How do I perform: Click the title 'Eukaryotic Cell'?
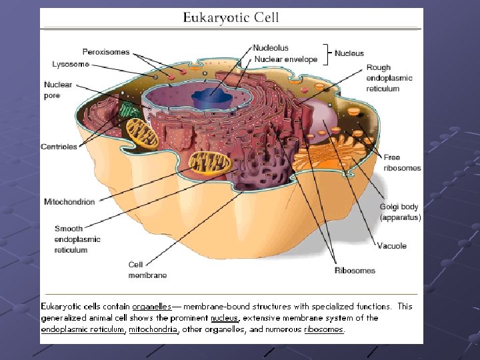coord(231,18)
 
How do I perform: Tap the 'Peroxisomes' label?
coord(106,51)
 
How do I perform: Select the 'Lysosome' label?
coord(70,64)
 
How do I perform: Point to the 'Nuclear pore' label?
coord(58,90)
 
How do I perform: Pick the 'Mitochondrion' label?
coord(69,201)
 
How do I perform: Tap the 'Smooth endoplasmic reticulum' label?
coord(77,239)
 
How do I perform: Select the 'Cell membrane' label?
coord(147,269)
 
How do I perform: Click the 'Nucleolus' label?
coord(271,48)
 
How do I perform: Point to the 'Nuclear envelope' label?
coord(285,59)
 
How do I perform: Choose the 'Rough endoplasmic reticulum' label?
coord(389,78)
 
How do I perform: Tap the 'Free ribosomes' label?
coord(402,163)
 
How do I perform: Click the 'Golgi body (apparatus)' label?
coord(400,212)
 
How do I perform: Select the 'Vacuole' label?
coord(391,246)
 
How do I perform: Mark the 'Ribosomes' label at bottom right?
coord(355,271)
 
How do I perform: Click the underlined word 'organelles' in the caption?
coord(151,307)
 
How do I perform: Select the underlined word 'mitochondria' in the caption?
coord(153,329)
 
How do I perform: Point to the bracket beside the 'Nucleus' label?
coord(327,53)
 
